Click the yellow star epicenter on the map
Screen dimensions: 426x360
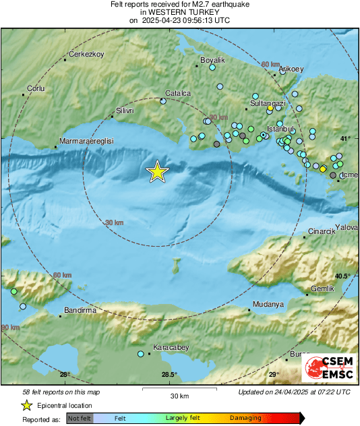tap(157, 172)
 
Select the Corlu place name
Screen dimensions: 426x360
tap(34, 88)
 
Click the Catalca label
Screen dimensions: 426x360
tap(178, 94)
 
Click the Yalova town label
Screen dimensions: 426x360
tap(347, 228)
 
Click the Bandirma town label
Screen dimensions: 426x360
tap(80, 311)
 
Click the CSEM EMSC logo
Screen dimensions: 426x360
tap(328, 367)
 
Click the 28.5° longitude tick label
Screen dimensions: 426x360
tap(169, 375)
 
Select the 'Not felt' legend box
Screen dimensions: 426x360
tap(80, 419)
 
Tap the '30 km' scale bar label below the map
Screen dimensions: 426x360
tap(179, 395)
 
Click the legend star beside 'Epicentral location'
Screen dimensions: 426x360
tap(26, 405)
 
